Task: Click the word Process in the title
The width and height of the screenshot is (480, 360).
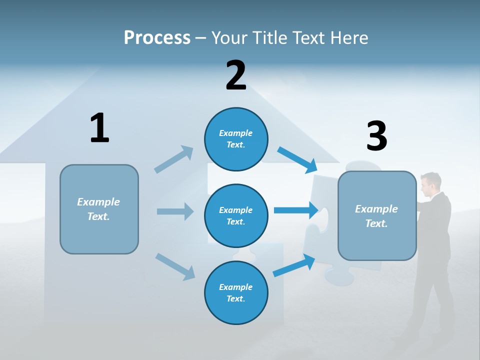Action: point(157,38)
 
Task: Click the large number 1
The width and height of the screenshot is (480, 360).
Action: point(99,128)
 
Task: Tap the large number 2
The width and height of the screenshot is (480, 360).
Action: point(236,75)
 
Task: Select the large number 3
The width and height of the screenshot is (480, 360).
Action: point(376,136)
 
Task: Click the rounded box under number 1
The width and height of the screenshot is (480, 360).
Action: point(99,209)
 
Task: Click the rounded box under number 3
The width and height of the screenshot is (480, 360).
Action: point(377,216)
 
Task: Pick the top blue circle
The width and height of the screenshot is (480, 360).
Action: point(236,139)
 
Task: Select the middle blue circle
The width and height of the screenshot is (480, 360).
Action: point(236,215)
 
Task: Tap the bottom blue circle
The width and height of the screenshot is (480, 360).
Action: point(236,292)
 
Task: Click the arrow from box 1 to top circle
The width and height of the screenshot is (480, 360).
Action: point(174,159)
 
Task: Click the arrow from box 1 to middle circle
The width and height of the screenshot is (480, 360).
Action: point(175,211)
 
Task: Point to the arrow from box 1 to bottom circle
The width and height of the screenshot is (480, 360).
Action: point(175,266)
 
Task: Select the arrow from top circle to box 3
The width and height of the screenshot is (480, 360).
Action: point(297,159)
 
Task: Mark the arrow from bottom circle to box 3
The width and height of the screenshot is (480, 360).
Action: point(294,265)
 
